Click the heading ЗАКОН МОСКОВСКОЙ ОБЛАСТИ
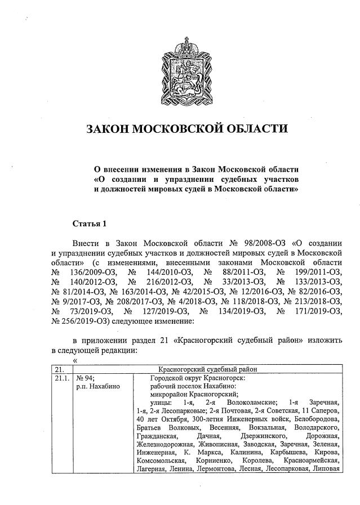point(186,129)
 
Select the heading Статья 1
point(90,224)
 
